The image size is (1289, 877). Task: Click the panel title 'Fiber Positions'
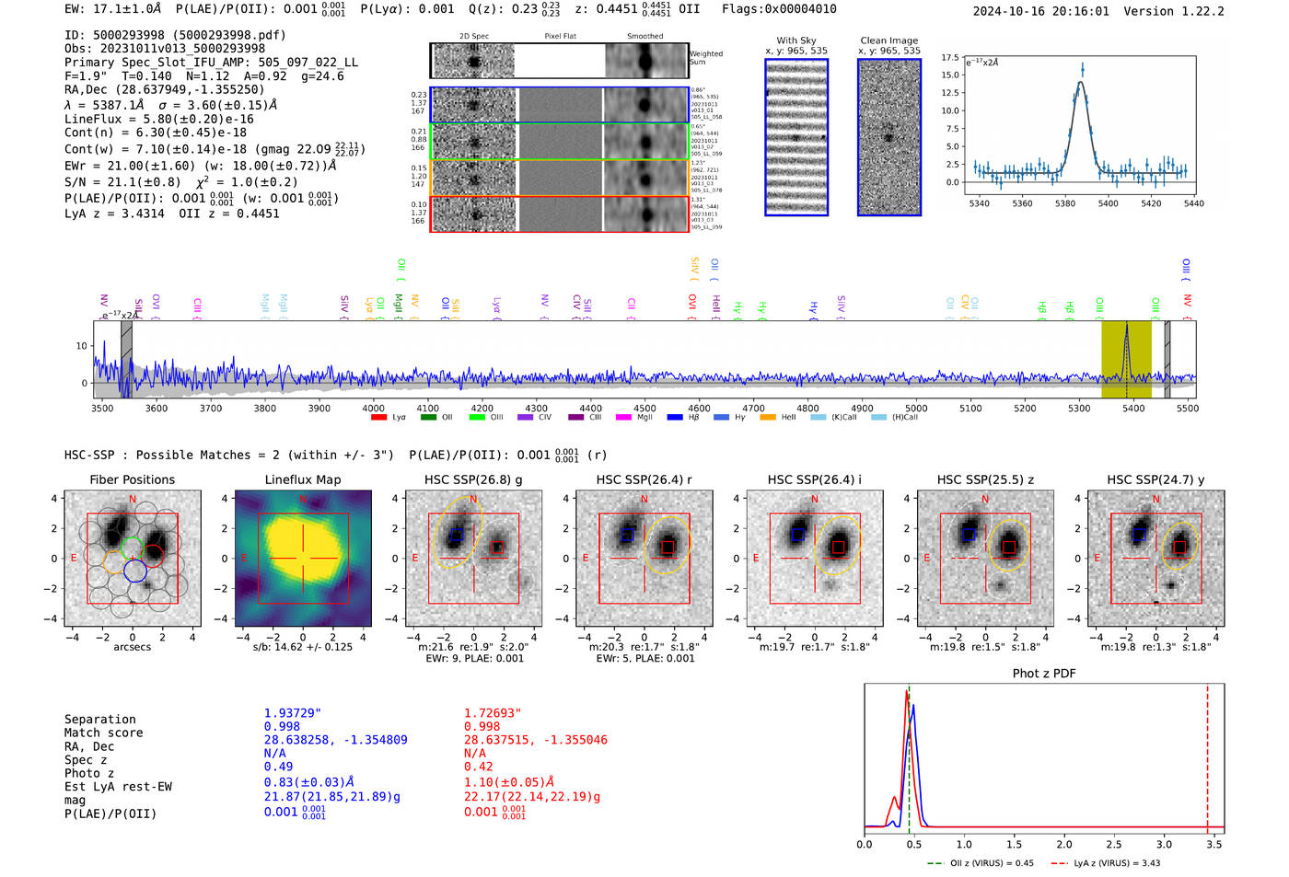pyautogui.click(x=132, y=479)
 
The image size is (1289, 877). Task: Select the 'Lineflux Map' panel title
pyautogui.click(x=303, y=479)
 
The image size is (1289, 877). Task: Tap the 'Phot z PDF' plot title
pyautogui.click(x=1044, y=673)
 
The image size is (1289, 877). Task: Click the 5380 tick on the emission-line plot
pyautogui.click(x=1065, y=203)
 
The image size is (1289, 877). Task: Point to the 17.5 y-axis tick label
pyautogui.click(x=950, y=57)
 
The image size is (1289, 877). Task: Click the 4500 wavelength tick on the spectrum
pyautogui.click(x=644, y=408)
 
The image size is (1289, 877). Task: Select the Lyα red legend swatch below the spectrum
pyautogui.click(x=378, y=417)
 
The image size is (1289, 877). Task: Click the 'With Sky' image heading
pyautogui.click(x=796, y=40)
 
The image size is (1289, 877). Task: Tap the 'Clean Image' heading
pyautogui.click(x=889, y=40)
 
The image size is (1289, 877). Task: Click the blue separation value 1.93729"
pyautogui.click(x=293, y=713)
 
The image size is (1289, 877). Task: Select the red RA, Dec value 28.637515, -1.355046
pyautogui.click(x=536, y=740)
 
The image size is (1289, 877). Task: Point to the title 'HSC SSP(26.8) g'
pyautogui.click(x=473, y=479)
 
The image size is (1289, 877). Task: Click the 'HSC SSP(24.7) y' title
pyautogui.click(x=1155, y=479)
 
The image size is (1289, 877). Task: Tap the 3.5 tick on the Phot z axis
pyautogui.click(x=1215, y=844)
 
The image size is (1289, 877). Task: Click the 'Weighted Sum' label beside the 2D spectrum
pyautogui.click(x=706, y=57)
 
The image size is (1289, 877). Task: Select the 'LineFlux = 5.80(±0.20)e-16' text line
pyautogui.click(x=158, y=119)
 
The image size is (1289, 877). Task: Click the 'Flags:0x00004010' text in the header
pyautogui.click(x=779, y=8)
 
